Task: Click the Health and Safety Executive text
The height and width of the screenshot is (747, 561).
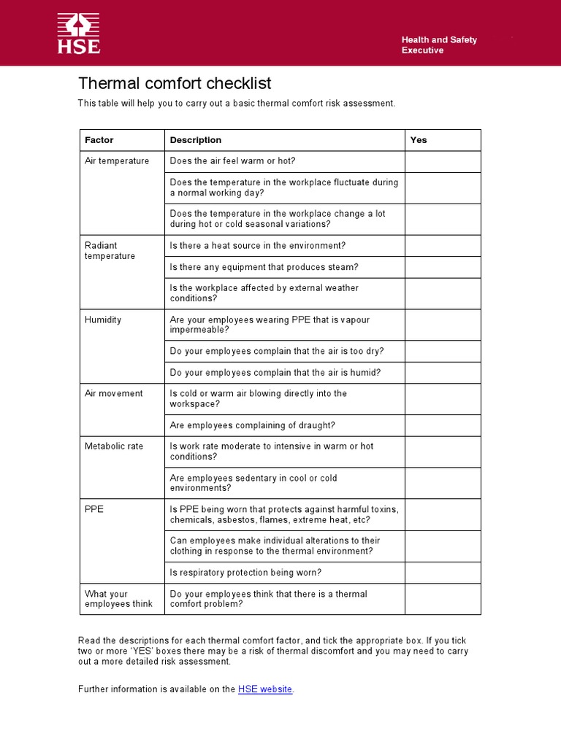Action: [x=439, y=45]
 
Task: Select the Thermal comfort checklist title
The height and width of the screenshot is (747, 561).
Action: [x=175, y=83]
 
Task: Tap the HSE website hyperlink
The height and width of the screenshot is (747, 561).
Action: [x=265, y=689]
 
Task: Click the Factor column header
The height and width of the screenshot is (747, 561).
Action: [x=99, y=140]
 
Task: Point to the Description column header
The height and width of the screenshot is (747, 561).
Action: [x=196, y=140]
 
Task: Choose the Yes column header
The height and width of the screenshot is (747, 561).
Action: [x=419, y=140]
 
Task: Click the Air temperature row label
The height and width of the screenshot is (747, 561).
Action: [x=117, y=161]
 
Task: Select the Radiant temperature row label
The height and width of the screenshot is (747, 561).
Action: [x=110, y=251]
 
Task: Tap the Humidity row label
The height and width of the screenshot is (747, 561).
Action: [x=103, y=320]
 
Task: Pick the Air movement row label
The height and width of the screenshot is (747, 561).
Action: [x=114, y=394]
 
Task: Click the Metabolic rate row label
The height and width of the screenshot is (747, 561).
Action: [x=114, y=446]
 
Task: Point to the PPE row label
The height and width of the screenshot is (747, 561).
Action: [x=94, y=509]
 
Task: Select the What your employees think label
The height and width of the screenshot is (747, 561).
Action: [x=118, y=599]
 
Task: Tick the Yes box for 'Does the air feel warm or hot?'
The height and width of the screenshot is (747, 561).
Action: [x=443, y=162]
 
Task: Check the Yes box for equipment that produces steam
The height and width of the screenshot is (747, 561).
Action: [x=443, y=267]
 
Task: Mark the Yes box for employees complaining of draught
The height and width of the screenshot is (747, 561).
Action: [x=443, y=426]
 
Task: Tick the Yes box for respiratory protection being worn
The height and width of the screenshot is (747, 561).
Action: [x=443, y=573]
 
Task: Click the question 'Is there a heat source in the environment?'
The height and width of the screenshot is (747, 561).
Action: [x=258, y=246]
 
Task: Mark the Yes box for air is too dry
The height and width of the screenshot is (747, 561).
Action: [x=443, y=352]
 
